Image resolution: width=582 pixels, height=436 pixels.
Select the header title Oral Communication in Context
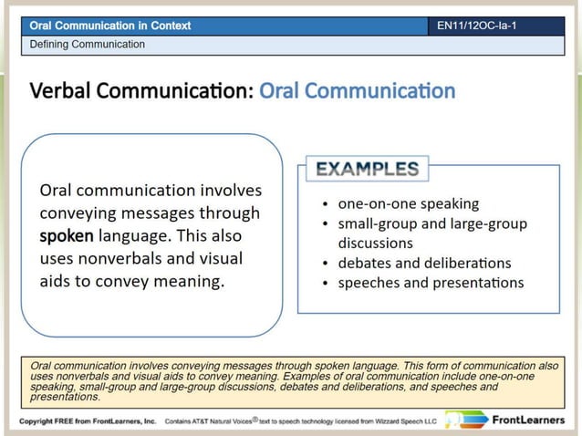point(110,26)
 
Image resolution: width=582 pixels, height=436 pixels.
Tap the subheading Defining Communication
point(88,44)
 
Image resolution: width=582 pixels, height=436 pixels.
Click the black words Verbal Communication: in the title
point(142,91)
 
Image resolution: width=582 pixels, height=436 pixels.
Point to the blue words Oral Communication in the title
point(357,91)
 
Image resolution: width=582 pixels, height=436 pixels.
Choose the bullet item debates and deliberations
point(424,263)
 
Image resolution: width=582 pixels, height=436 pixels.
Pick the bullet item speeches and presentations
point(431,283)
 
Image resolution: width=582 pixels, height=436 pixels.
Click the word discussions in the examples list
point(375,244)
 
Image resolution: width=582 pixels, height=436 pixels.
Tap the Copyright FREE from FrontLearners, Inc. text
point(88,422)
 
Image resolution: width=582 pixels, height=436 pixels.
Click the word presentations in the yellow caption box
point(65,397)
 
